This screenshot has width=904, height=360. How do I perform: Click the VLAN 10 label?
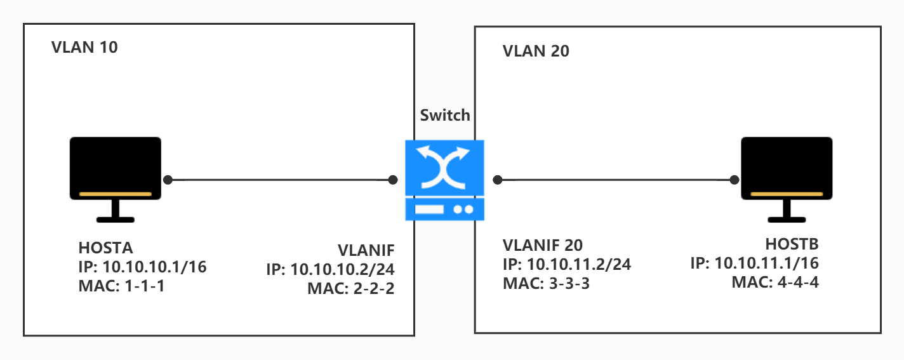(x=84, y=47)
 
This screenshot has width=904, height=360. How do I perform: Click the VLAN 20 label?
(x=536, y=51)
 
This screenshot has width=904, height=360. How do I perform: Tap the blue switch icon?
(x=444, y=180)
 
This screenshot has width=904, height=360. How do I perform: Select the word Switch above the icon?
(x=445, y=115)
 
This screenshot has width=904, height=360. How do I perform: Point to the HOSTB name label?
(x=792, y=244)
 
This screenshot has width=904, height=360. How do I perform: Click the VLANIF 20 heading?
(x=542, y=246)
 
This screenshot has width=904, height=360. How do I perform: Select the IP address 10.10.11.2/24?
(x=578, y=265)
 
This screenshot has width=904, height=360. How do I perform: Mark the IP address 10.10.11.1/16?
(x=766, y=263)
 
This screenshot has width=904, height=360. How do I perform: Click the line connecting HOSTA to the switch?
(x=279, y=180)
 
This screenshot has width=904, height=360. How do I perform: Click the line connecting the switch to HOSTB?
(x=616, y=180)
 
